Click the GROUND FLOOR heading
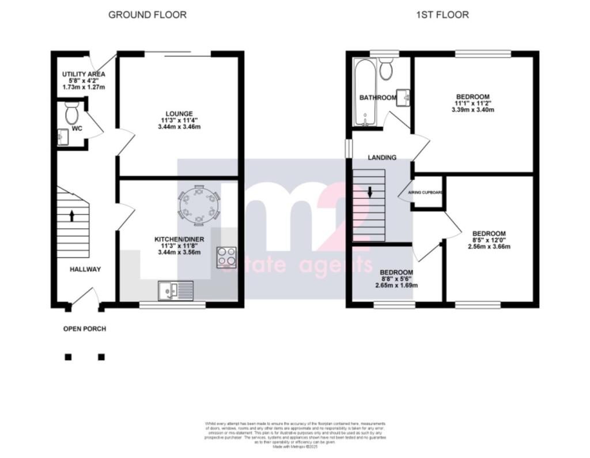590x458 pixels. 147,15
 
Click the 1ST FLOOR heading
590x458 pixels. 442,15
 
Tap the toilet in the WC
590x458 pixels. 72,113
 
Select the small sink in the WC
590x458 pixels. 63,137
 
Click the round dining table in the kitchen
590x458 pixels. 199,205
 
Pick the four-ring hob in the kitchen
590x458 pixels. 228,257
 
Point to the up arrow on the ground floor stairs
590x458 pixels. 72,215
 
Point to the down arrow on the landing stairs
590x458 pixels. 369,192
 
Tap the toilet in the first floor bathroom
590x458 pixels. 387,69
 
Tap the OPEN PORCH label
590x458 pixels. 85,329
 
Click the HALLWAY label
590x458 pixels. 85,269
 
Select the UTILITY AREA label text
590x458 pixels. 84,74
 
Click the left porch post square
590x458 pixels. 68,357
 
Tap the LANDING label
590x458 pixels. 382,157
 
